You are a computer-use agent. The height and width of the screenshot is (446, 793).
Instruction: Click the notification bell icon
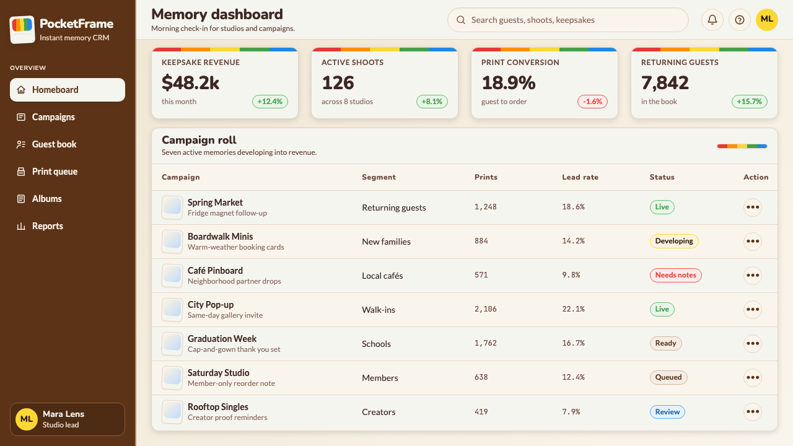pos(712,20)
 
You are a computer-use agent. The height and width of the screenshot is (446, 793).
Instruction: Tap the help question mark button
pos(740,20)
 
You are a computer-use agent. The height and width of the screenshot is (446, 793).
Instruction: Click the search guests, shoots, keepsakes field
pos(568,20)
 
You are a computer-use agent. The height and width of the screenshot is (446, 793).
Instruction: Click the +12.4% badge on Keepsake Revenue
pos(269,102)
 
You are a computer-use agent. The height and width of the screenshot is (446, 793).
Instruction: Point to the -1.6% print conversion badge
pos(592,102)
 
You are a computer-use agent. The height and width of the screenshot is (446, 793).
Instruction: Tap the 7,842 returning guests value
pos(665,83)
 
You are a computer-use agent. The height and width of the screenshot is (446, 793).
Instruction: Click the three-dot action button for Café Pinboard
pos(753,276)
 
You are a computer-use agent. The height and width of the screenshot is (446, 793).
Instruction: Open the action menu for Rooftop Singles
pos(753,412)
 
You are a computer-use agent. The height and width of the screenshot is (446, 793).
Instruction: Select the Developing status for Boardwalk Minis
pos(674,241)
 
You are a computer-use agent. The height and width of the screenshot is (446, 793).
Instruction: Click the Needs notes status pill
pos(675,275)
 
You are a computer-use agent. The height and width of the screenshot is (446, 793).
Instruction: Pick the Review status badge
pos(667,412)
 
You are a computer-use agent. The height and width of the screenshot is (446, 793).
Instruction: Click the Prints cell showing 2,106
pos(485,309)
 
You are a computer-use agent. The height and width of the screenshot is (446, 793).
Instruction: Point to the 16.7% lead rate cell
pos(573,343)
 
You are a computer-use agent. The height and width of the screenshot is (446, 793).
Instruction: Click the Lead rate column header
pos(581,177)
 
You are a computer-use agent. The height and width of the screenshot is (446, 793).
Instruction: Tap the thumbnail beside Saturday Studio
pos(172,377)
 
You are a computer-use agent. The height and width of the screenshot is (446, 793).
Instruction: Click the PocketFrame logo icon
pos(22,29)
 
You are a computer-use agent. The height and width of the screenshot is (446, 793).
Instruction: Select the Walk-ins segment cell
pos(379,310)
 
